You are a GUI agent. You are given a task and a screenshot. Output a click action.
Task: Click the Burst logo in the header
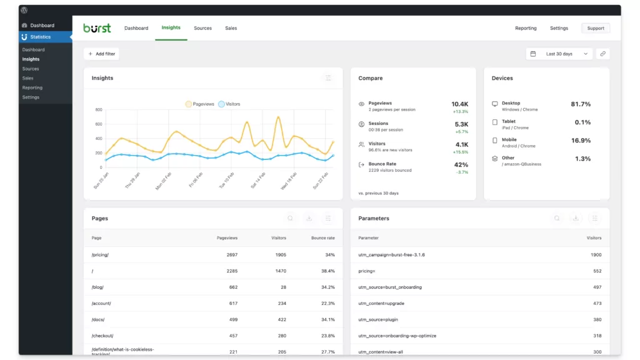pyautogui.click(x=97, y=28)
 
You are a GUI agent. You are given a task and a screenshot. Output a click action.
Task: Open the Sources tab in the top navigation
pyautogui.click(x=202, y=28)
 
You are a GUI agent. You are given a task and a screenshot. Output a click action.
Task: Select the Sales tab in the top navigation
pyautogui.click(x=231, y=28)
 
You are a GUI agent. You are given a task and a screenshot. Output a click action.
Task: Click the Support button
pyautogui.click(x=595, y=28)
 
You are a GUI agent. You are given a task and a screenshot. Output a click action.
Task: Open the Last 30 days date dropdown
pyautogui.click(x=559, y=54)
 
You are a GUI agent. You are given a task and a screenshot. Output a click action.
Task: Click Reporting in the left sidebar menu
pyautogui.click(x=32, y=88)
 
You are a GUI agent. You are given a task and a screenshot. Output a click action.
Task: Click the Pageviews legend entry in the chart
pyautogui.click(x=199, y=104)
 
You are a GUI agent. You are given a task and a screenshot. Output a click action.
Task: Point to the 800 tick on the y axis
pyautogui.click(x=98, y=110)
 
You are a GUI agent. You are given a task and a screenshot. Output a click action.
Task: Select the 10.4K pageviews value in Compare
pyautogui.click(x=459, y=104)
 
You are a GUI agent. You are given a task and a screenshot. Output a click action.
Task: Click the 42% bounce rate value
pyautogui.click(x=461, y=165)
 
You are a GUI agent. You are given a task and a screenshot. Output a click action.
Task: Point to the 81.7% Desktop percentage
pyautogui.click(x=581, y=104)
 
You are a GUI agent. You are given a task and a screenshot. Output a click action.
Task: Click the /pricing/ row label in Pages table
pyautogui.click(x=100, y=255)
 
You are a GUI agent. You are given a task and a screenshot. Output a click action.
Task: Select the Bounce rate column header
pyautogui.click(x=322, y=238)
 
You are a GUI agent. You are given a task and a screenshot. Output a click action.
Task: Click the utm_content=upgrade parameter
pyautogui.click(x=381, y=304)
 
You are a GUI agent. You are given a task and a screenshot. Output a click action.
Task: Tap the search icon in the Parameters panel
pyautogui.click(x=557, y=219)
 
